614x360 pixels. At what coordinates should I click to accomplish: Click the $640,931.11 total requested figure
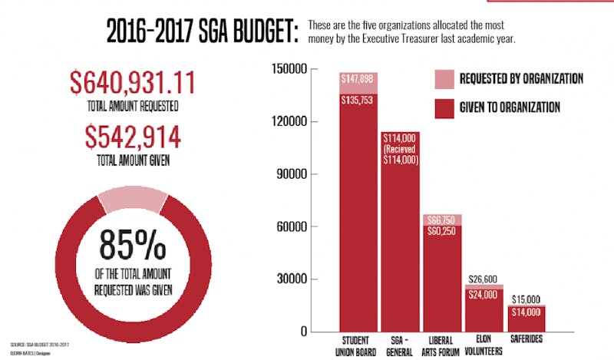tap(133, 83)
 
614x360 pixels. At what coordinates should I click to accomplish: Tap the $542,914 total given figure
tap(133, 137)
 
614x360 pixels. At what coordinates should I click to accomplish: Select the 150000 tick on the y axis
tap(290, 70)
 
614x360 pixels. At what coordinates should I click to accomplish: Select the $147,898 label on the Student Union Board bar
tap(360, 80)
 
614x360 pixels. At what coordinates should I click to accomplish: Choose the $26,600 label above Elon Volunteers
tap(484, 278)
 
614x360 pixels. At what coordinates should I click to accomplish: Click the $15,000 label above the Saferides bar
tap(525, 299)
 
